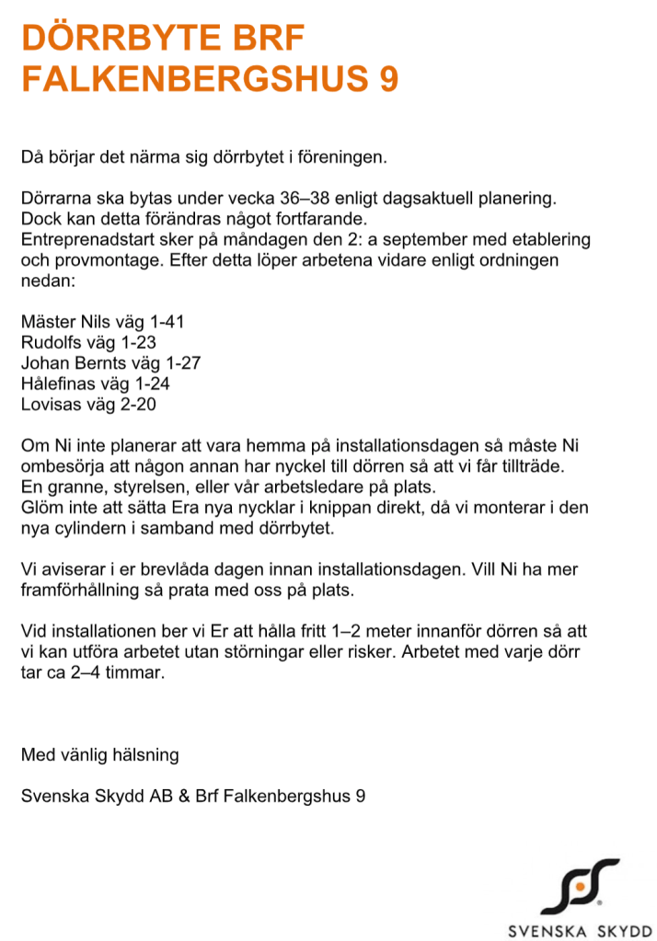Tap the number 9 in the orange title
(388, 79)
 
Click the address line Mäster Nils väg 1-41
(103, 322)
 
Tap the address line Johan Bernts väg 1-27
(110, 362)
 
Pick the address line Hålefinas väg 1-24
(96, 383)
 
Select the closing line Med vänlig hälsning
(99, 755)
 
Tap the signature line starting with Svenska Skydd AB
(192, 796)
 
